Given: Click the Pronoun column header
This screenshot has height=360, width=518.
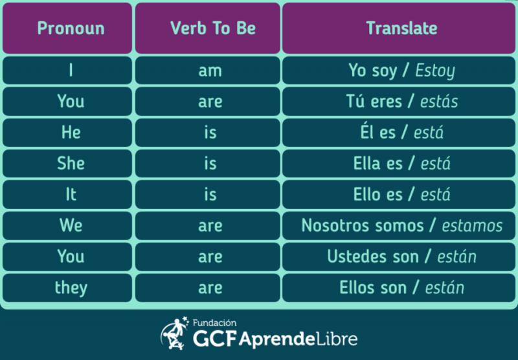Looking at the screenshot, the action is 67,28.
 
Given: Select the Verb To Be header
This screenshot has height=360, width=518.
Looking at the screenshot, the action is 208,28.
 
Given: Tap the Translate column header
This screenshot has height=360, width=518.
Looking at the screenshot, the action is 399,28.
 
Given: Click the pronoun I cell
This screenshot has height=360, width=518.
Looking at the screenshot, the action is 67,71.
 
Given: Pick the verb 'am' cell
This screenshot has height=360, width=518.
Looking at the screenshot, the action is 208,71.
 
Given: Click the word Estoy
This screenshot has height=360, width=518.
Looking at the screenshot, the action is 435,71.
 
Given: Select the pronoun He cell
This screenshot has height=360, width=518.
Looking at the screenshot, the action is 67,133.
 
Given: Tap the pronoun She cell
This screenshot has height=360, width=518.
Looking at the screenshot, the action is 67,163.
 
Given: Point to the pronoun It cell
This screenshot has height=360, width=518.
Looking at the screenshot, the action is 67,194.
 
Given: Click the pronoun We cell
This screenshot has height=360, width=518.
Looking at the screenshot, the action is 67,225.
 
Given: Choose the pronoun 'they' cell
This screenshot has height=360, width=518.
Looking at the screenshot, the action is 67,287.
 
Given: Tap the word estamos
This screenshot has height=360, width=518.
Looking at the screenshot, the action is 473,226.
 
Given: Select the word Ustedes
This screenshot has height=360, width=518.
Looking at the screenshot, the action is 357,256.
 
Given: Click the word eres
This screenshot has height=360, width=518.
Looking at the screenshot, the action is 386,102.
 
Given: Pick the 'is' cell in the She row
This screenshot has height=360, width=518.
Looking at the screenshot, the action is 208,163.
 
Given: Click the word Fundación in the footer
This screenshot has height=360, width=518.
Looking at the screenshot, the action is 215,322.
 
